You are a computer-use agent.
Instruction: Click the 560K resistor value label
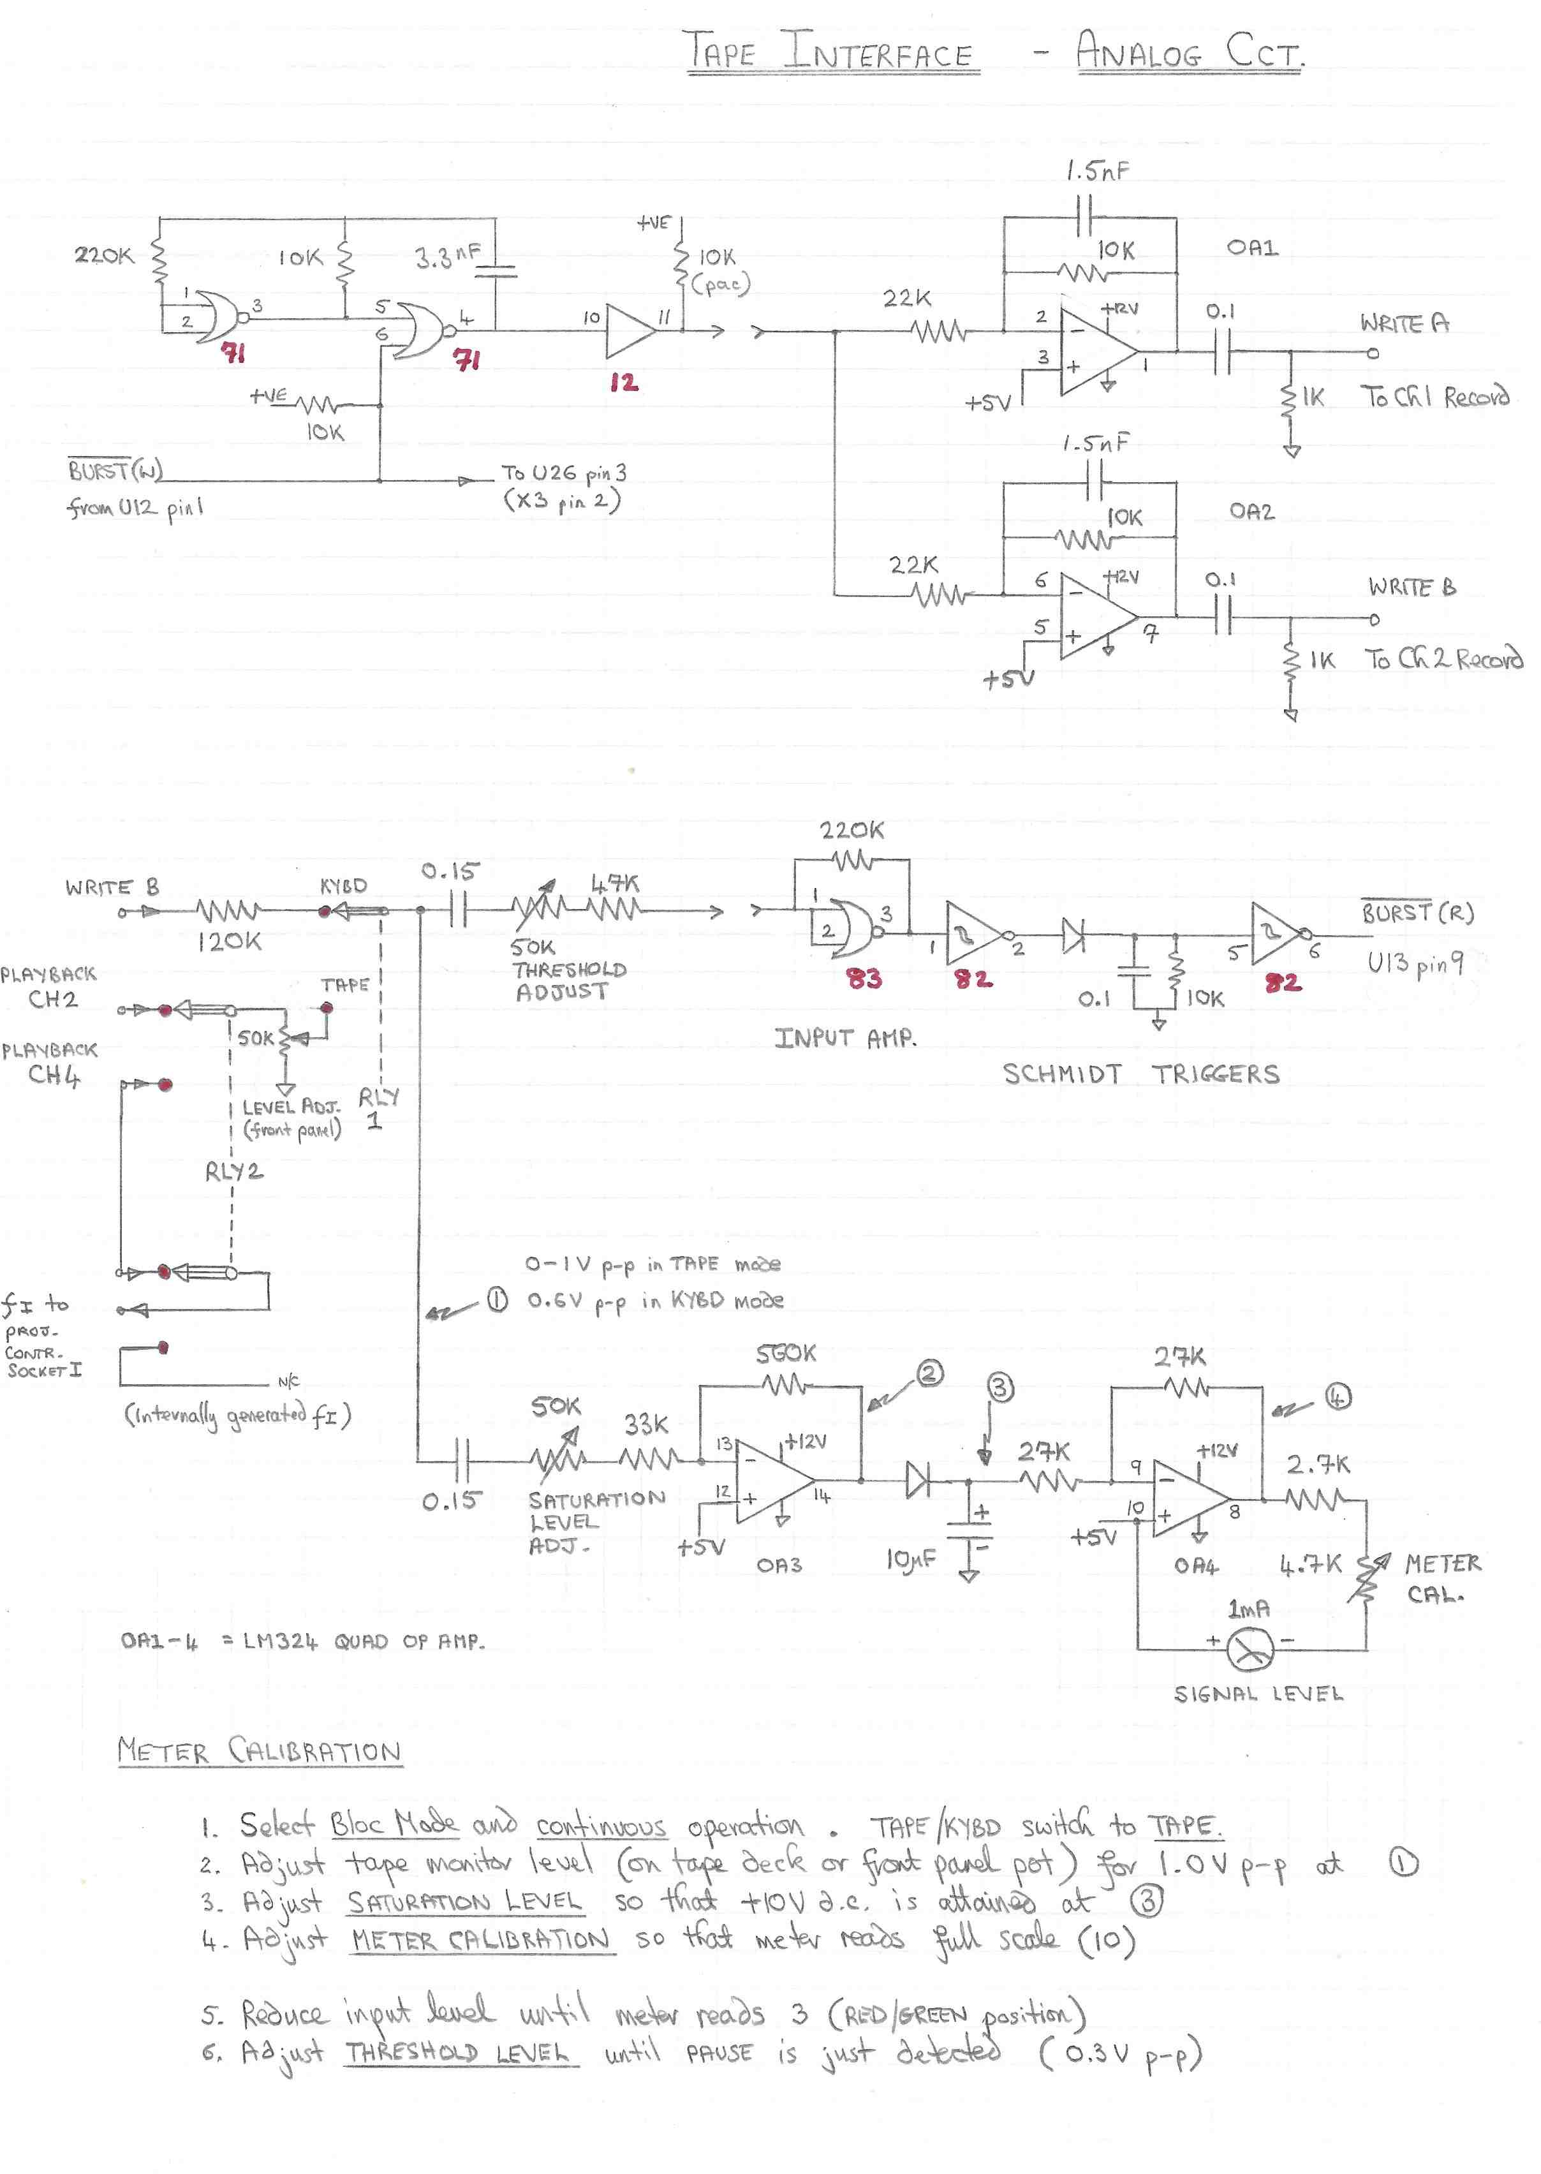tap(786, 1354)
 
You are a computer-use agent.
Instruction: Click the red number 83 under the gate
tap(864, 979)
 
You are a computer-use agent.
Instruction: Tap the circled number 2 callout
tap(929, 1373)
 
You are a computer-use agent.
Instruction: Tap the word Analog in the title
tap(1139, 52)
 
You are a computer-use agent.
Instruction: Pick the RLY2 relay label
tap(233, 1172)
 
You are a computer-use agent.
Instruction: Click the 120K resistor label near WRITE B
tap(230, 942)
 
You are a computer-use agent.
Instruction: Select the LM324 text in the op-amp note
tap(281, 1641)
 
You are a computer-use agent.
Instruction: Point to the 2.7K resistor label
tap(1318, 1464)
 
